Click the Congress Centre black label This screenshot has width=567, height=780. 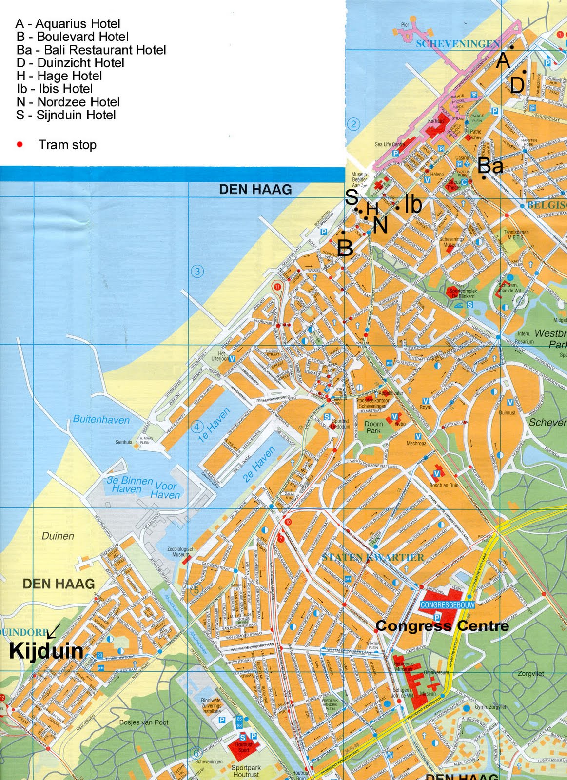(442, 625)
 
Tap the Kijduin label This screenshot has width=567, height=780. (46, 651)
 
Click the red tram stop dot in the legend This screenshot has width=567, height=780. (20, 145)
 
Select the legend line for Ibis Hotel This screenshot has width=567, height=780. (55, 89)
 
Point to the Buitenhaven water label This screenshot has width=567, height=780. (101, 420)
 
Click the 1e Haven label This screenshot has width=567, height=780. (213, 426)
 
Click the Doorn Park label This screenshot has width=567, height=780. (373, 427)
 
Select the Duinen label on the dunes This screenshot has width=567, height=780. (58, 536)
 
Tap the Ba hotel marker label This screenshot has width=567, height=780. (490, 166)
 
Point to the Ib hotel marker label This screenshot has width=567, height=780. (413, 204)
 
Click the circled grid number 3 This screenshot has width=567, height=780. (197, 272)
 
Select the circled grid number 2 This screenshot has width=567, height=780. (353, 124)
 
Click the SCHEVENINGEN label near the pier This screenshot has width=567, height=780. (458, 44)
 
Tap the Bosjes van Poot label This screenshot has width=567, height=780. (144, 722)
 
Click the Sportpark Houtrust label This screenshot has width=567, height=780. (246, 771)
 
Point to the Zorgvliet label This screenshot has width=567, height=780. (530, 674)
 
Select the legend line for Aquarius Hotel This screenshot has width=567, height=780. (68, 23)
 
